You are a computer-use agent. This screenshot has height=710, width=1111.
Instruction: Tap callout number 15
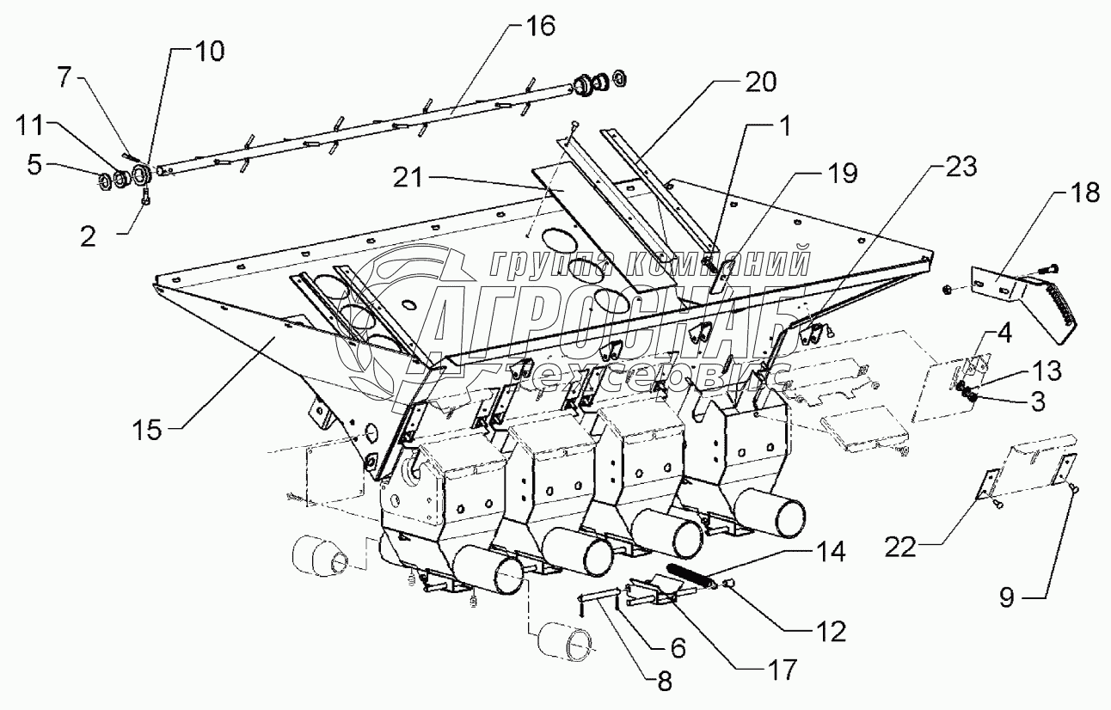pos(148,430)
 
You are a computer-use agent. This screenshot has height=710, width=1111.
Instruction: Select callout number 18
pos(1085,193)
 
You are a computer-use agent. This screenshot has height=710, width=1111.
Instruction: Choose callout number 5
pos(34,163)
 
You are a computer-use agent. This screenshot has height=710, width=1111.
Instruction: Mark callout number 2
pos(88,236)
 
